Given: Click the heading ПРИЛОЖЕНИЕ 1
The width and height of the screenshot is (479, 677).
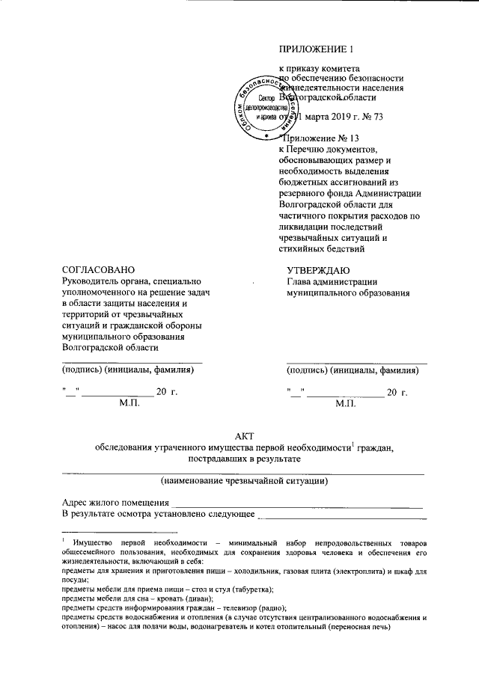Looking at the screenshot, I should pyautogui.click(x=314, y=51).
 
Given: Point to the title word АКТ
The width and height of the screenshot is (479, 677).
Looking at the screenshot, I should pyautogui.click(x=244, y=435).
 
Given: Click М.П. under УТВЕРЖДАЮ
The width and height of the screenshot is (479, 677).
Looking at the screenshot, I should pyautogui.click(x=350, y=402).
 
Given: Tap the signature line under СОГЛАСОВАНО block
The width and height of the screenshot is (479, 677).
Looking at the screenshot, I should pyautogui.click(x=132, y=361).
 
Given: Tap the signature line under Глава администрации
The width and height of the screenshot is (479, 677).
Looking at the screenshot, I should pyautogui.click(x=357, y=361).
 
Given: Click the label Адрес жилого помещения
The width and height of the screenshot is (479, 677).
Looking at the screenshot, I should pyautogui.click(x=115, y=502).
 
